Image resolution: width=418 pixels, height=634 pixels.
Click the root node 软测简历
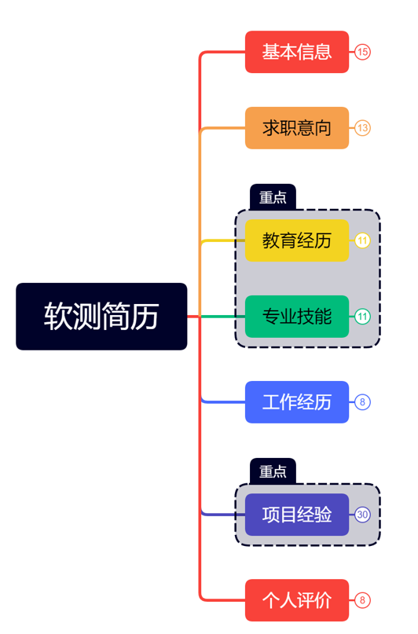pos(101,316)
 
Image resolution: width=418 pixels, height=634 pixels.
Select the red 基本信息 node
pos(296,52)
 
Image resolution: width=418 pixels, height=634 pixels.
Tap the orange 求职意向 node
pos(296,128)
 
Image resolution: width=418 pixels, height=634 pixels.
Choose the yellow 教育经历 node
pos(296,240)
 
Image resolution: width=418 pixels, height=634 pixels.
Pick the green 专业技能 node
pos(296,317)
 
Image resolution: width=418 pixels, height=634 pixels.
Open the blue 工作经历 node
pos(296,402)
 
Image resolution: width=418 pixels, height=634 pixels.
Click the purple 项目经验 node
pos(296,515)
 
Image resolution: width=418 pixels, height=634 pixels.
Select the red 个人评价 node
pos(296,600)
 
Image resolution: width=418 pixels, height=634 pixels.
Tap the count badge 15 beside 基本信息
pos(362,52)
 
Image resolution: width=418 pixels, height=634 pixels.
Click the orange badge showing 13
pos(362,128)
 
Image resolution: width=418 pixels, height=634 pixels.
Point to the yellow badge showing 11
pos(362,241)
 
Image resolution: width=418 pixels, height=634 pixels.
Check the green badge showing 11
pos(362,317)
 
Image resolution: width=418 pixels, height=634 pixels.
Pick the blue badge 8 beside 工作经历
pos(362,402)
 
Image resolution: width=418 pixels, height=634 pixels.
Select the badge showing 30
pos(362,515)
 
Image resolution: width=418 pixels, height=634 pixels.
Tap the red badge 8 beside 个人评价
pos(362,600)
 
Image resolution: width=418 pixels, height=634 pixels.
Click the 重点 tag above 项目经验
pos(273,471)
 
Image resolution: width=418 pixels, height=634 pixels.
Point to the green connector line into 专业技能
pos(224,317)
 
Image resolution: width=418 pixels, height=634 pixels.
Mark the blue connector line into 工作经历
pos(225,402)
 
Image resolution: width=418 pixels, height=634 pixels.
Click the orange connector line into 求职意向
pos(225,128)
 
